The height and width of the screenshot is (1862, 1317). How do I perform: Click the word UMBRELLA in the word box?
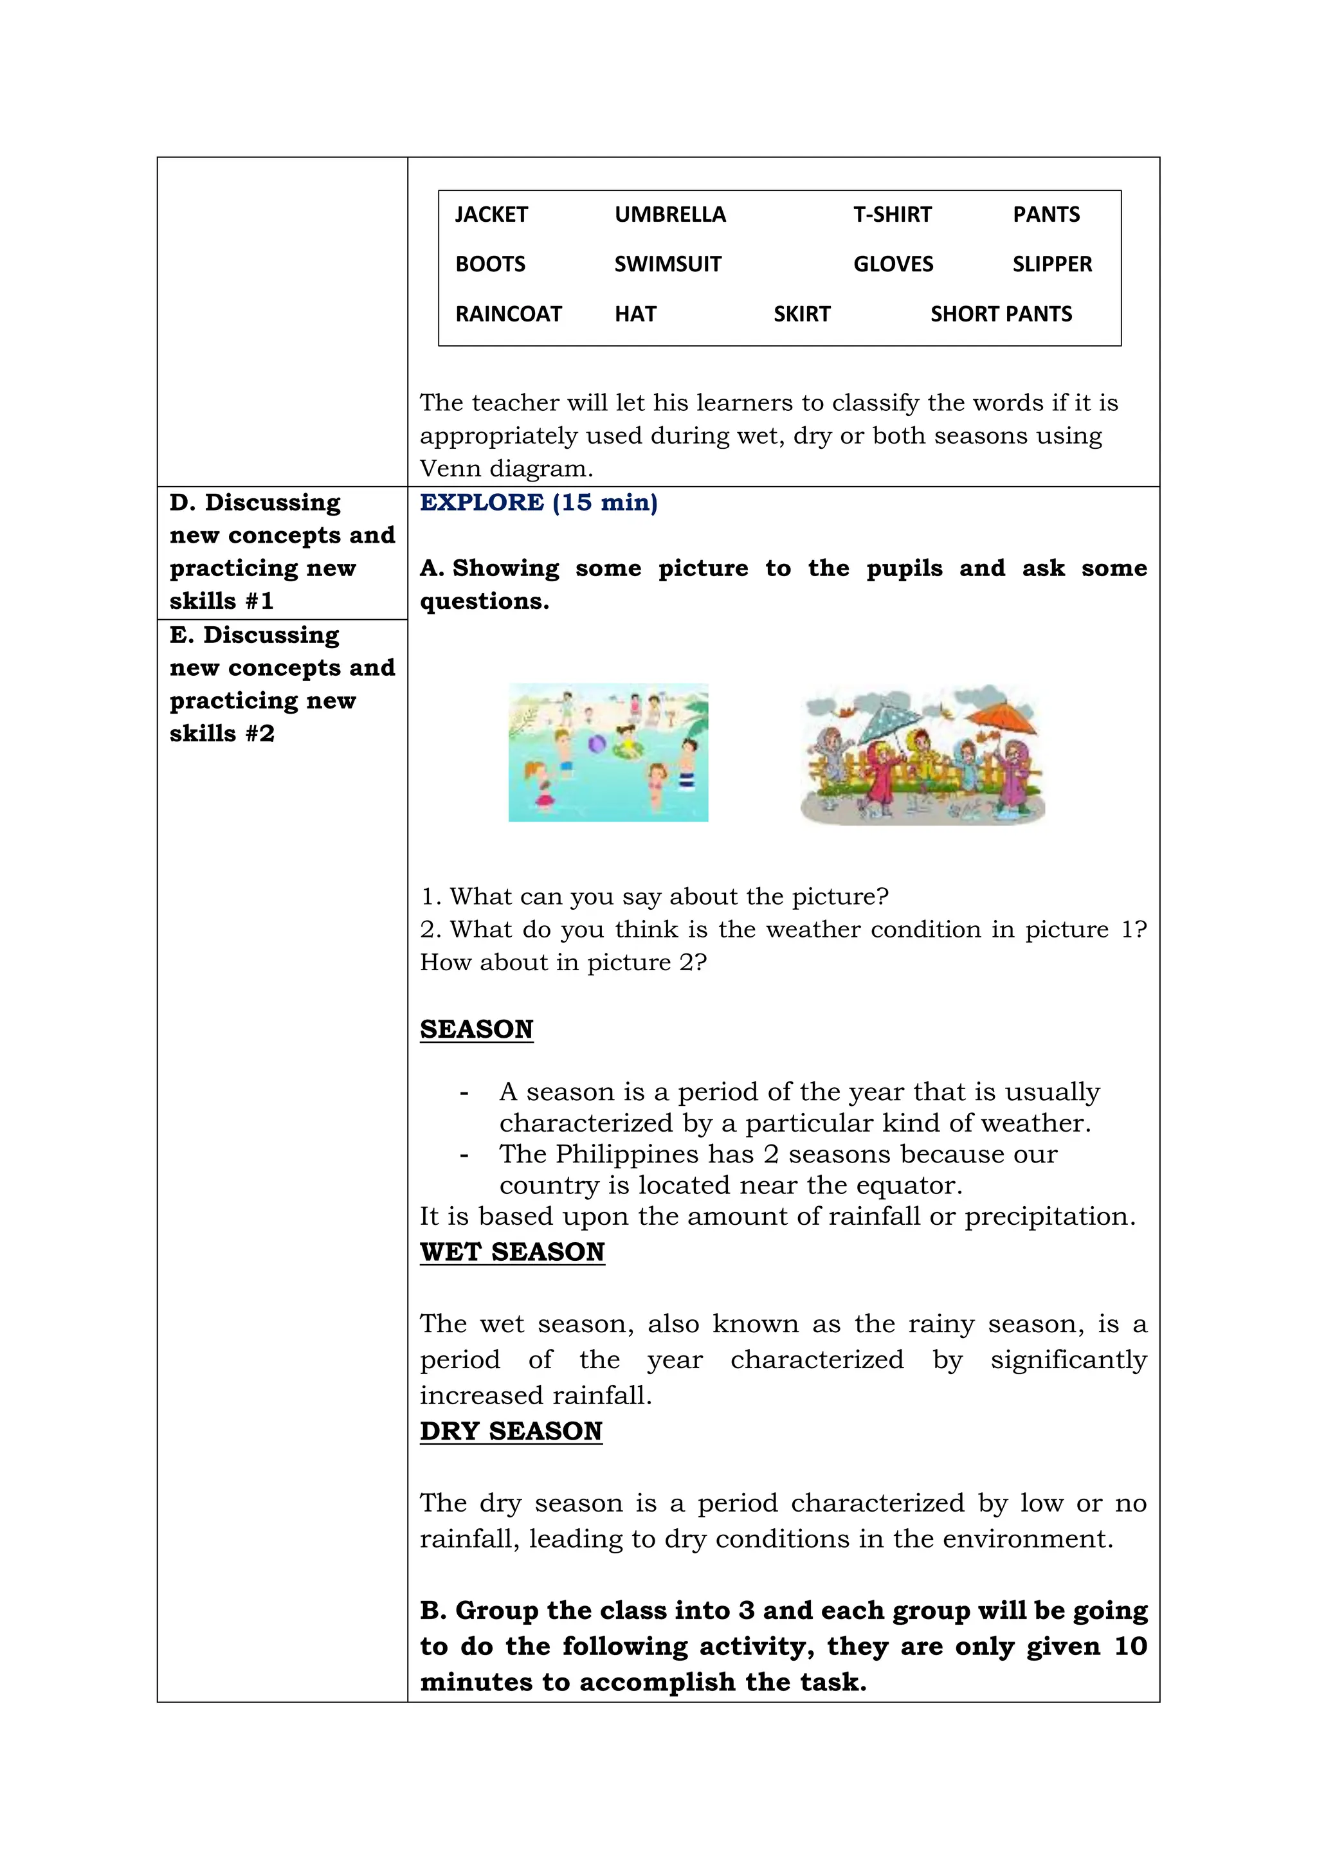click(670, 215)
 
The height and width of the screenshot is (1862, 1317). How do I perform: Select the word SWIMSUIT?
click(668, 264)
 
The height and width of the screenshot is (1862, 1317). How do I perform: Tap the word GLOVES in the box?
click(893, 264)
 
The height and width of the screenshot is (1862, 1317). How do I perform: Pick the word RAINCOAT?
click(509, 314)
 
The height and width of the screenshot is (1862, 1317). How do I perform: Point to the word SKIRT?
click(802, 314)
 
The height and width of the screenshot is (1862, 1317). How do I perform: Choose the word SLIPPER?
click(1052, 264)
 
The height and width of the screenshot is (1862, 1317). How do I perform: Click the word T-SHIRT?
click(892, 215)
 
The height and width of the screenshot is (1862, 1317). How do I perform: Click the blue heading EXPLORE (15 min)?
click(538, 503)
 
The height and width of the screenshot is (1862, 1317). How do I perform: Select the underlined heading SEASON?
click(476, 1029)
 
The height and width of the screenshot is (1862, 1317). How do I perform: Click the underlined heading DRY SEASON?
click(511, 1431)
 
